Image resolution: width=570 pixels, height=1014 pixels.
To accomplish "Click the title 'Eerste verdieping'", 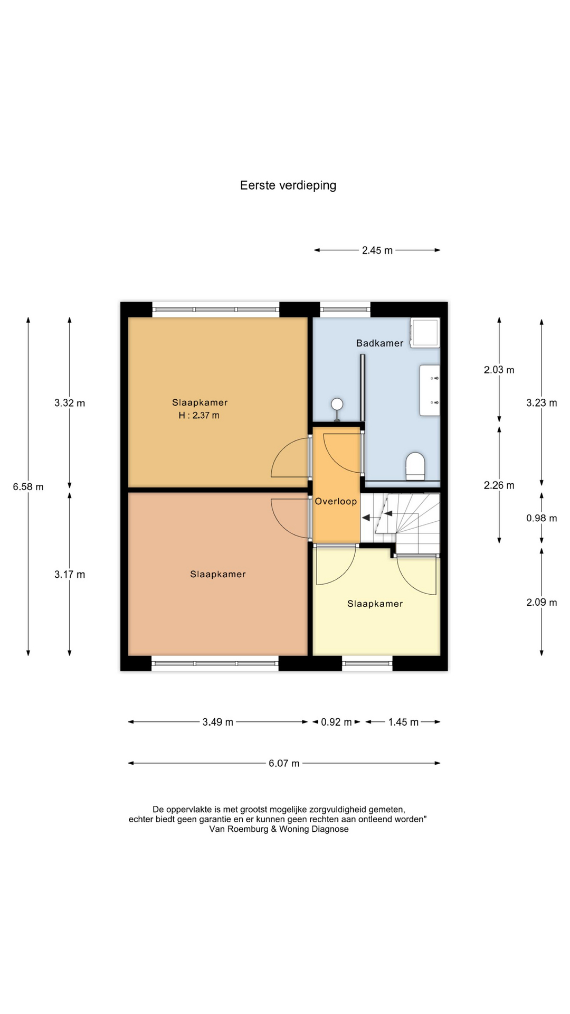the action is click(288, 185).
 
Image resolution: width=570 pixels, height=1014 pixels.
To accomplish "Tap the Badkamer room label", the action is click(379, 343).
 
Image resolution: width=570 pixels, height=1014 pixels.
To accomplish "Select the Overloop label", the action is click(336, 501).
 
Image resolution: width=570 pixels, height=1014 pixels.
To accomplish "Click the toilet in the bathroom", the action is click(415, 466).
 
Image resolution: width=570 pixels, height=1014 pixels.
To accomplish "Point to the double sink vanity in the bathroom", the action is click(430, 390).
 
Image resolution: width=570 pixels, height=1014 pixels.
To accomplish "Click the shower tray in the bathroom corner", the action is click(425, 333).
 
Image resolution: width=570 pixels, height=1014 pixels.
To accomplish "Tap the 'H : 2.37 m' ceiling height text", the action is click(199, 416).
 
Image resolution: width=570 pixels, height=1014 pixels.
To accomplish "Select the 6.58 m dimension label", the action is click(28, 487).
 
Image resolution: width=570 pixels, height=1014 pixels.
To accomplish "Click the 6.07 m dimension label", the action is click(284, 763).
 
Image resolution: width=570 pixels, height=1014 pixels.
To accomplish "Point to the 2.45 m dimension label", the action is click(377, 250).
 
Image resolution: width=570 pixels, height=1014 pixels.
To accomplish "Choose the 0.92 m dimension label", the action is click(336, 722).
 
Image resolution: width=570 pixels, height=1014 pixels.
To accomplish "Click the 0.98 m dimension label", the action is click(541, 518).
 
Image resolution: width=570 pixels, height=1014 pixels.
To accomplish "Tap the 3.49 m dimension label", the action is click(217, 722).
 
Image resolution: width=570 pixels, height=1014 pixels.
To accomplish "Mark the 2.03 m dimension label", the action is click(499, 370).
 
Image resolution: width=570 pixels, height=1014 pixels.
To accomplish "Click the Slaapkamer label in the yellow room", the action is click(375, 604).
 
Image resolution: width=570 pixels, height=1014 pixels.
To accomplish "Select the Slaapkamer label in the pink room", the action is click(218, 574).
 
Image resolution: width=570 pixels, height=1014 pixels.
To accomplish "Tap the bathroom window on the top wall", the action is click(346, 309).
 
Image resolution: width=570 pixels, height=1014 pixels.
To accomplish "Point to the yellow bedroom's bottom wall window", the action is click(367, 663).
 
